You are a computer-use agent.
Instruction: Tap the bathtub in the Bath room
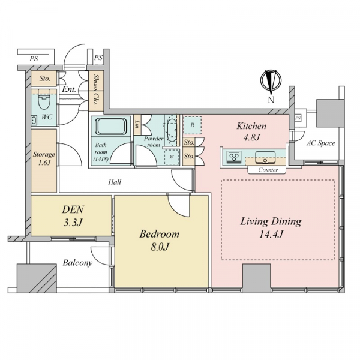click(x=110, y=127)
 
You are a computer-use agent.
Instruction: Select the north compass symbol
click(x=271, y=81)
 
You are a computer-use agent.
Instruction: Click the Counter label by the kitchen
click(x=268, y=170)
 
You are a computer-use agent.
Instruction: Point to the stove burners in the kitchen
click(x=234, y=157)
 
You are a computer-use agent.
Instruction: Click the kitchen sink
click(x=265, y=157)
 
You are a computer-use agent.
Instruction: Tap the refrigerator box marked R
click(x=193, y=125)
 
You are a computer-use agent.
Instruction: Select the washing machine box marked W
click(x=171, y=157)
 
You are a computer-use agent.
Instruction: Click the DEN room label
click(x=73, y=209)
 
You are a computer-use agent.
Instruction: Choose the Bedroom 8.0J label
click(x=160, y=241)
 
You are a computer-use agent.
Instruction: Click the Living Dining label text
click(x=271, y=221)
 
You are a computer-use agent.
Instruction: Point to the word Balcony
click(x=77, y=263)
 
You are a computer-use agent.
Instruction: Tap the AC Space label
click(x=321, y=143)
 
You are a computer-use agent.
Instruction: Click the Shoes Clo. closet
click(x=96, y=91)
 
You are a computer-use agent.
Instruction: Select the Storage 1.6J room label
click(x=44, y=158)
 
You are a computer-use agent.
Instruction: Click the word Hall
click(x=115, y=182)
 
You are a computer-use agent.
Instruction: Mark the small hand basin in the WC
click(x=34, y=120)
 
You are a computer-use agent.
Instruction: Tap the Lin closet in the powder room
click(x=137, y=125)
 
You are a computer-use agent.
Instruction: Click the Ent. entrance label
click(x=68, y=89)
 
